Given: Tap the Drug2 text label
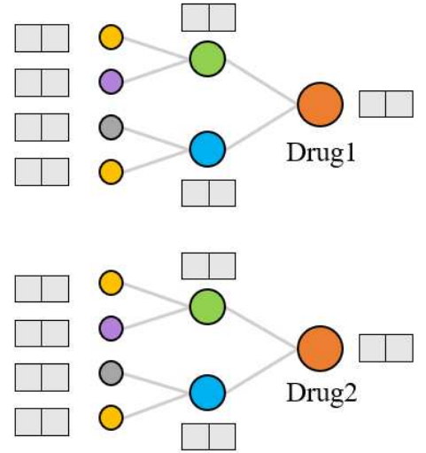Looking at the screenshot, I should tap(321, 392).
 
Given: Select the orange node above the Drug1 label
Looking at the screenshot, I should tap(320, 104).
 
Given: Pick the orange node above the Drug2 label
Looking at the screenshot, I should tap(320, 348).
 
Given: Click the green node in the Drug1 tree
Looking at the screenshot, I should tap(207, 59).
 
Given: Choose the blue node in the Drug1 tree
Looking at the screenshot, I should tap(207, 149).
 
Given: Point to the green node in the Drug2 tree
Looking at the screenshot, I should tap(207, 305).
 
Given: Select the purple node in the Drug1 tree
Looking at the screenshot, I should tap(111, 82).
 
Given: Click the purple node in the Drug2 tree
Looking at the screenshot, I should tap(111, 327).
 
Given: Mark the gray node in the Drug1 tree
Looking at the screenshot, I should tap(111, 127).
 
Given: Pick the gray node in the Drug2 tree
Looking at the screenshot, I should tap(111, 371).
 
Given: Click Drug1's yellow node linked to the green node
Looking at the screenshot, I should tap(111, 37).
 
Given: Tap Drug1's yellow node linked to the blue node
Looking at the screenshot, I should tap(111, 169).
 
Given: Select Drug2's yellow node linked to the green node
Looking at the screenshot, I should tap(111, 283).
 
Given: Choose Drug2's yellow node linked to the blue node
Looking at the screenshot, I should tap(111, 415).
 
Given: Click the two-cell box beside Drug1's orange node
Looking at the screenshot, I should tap(385, 104).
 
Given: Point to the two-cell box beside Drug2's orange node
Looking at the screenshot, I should tap(385, 348).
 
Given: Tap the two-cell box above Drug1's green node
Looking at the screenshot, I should tap(208, 17).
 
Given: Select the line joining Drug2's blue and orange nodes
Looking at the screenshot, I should tap(263, 370).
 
